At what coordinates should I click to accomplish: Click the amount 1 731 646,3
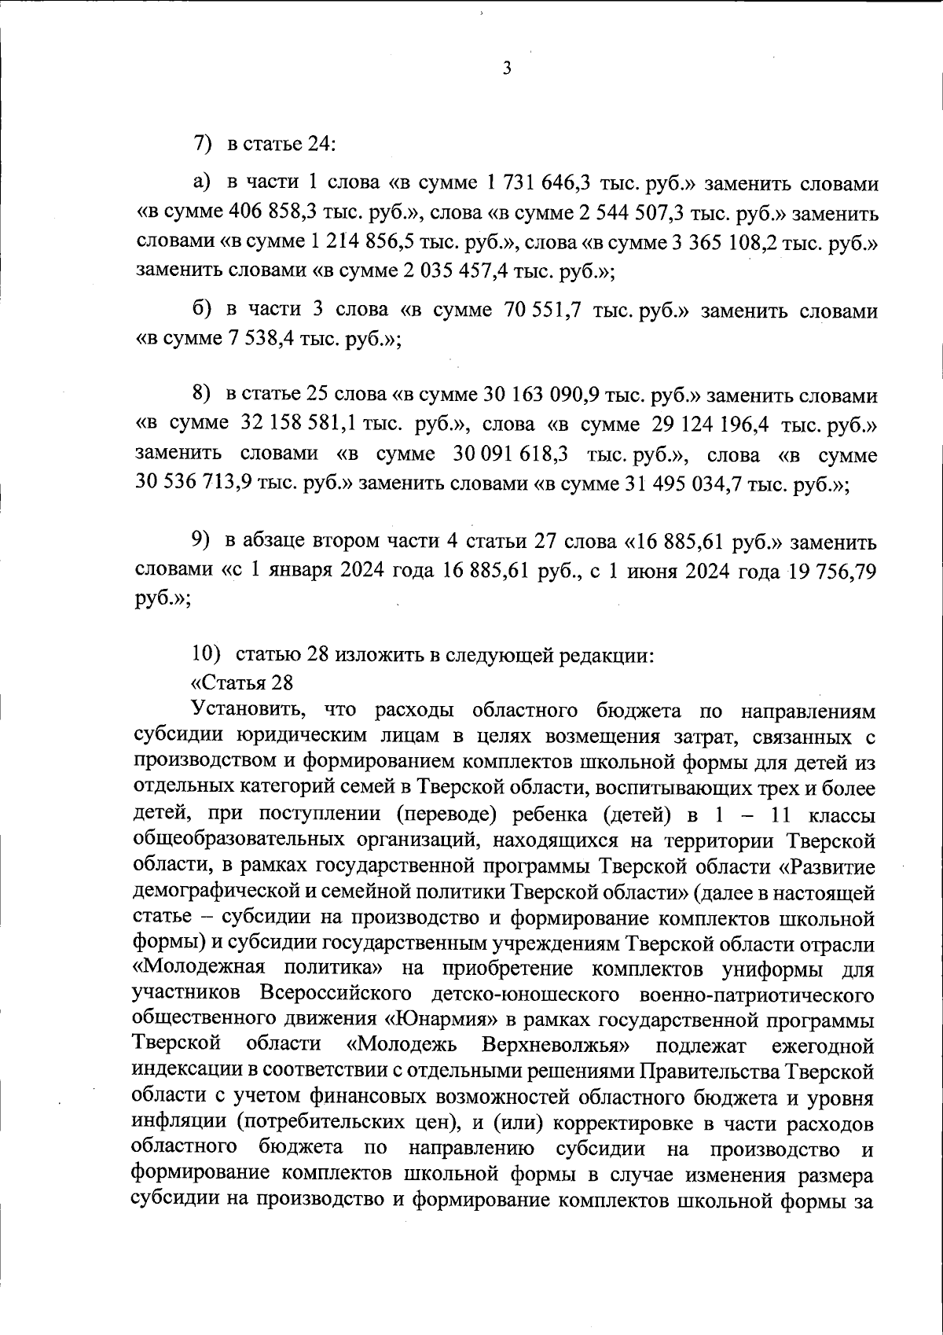click(539, 183)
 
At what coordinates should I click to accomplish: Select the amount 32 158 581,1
click(299, 425)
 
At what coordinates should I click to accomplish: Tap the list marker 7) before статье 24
click(204, 145)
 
